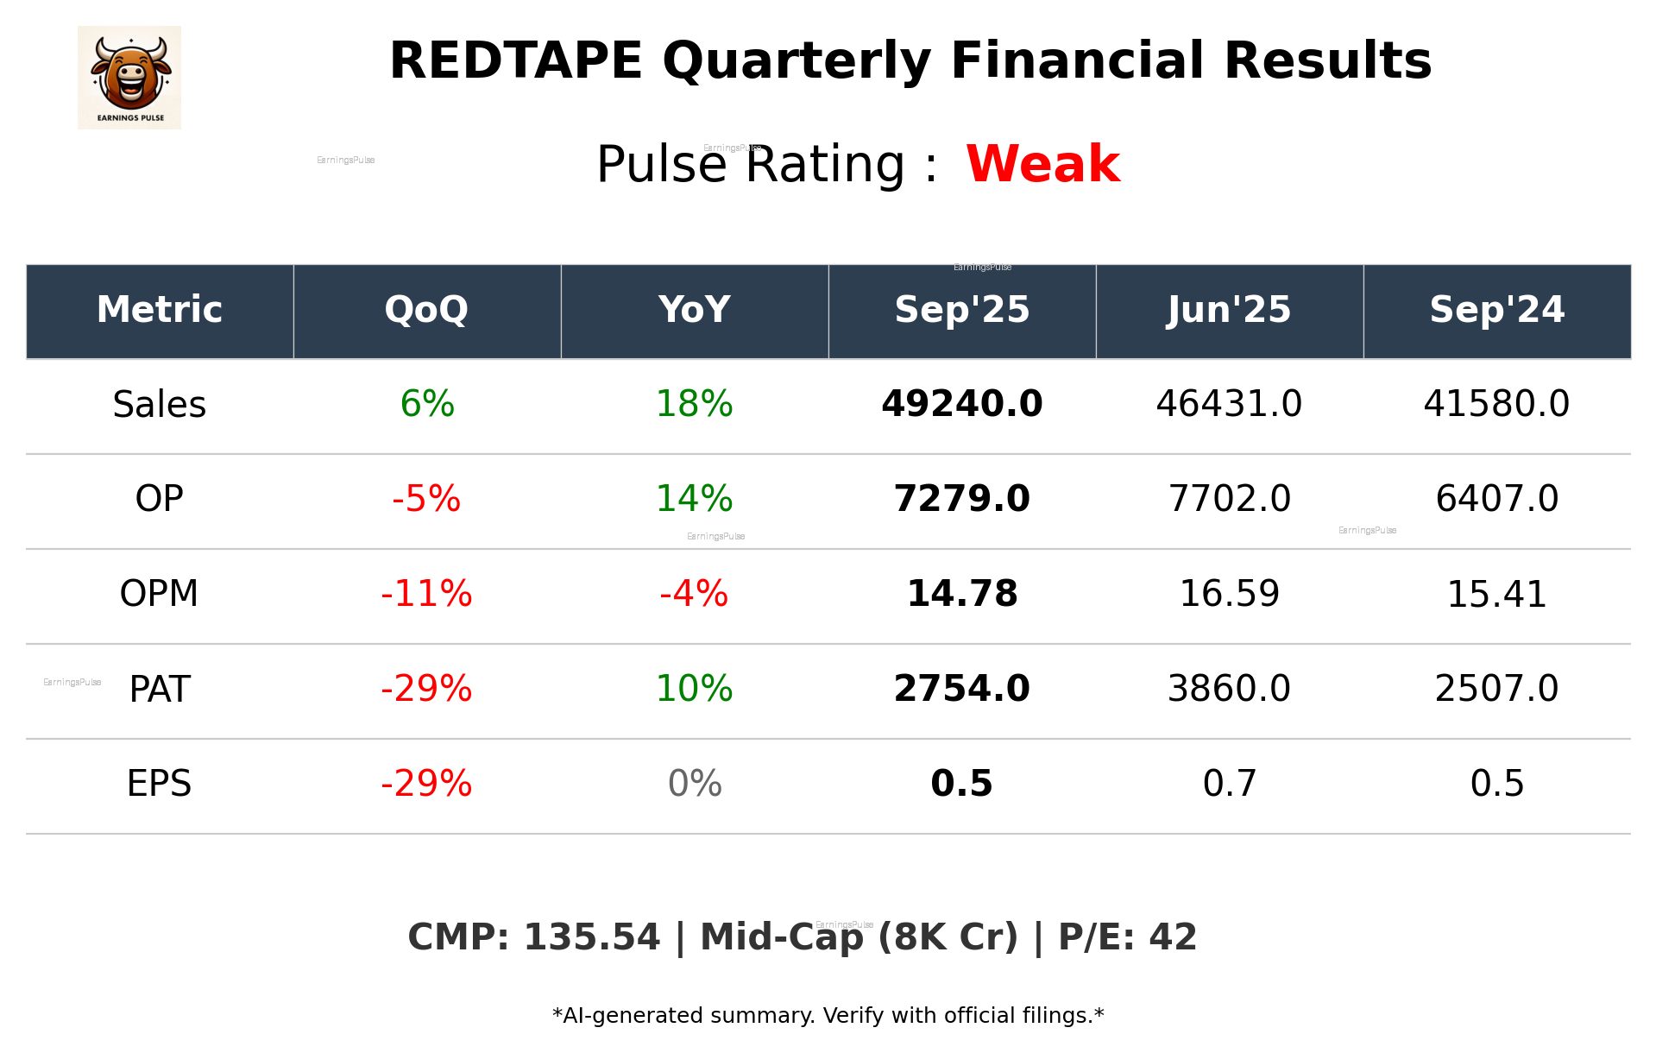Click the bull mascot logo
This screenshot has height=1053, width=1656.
(x=129, y=77)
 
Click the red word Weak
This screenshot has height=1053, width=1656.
(x=1042, y=164)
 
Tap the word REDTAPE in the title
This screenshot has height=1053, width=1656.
(x=515, y=61)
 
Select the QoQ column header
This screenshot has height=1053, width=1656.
(x=426, y=310)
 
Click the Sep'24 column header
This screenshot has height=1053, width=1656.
(x=1496, y=310)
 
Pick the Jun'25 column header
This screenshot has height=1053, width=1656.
(x=1229, y=310)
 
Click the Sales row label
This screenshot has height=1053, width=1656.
(x=160, y=405)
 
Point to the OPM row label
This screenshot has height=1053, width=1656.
(x=160, y=594)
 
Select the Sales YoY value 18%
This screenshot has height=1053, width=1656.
(x=694, y=404)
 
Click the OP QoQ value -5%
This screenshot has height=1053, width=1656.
(x=426, y=499)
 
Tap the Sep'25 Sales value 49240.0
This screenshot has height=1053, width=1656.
(x=961, y=404)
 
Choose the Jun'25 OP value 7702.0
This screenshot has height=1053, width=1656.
(x=1229, y=499)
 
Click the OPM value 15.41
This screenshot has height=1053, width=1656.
(x=1496, y=595)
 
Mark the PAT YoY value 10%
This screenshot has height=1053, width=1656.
(x=694, y=689)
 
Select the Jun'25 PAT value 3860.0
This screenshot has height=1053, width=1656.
(x=1229, y=689)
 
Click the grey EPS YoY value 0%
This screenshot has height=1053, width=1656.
(x=694, y=784)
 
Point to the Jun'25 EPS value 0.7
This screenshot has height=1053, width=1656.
(x=1229, y=784)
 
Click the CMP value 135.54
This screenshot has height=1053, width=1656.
(x=591, y=938)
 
